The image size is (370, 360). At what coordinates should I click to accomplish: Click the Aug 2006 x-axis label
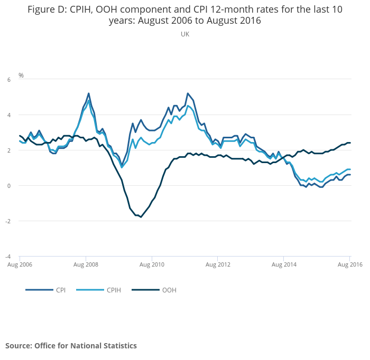point(20,264)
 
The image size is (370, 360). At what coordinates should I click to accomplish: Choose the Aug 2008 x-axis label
point(86,264)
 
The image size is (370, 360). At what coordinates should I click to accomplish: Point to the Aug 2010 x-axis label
point(152,264)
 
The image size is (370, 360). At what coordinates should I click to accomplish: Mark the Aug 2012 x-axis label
point(218,264)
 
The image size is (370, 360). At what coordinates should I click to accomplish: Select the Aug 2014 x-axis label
point(284,264)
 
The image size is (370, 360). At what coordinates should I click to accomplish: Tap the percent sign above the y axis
point(21,75)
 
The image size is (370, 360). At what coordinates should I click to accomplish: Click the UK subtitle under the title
point(185,34)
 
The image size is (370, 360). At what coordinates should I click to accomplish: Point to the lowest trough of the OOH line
point(141,217)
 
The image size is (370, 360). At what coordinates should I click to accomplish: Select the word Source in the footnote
point(17,346)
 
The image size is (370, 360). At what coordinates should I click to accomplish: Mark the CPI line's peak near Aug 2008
point(88,93)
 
